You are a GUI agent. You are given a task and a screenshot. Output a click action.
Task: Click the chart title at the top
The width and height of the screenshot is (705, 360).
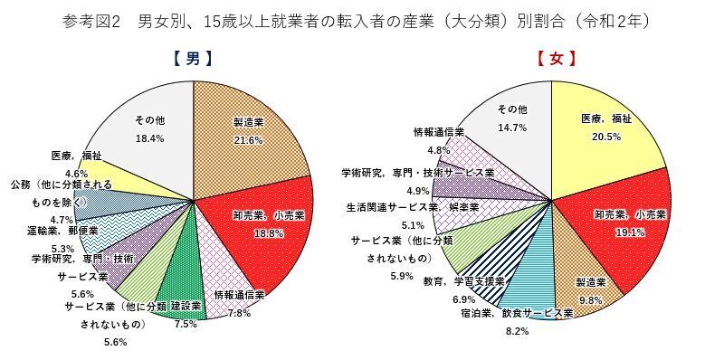tap(352, 19)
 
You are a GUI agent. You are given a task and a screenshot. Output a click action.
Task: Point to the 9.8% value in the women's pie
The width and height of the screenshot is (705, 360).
tap(590, 300)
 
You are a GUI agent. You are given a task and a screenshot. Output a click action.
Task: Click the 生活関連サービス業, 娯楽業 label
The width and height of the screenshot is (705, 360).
tap(412, 207)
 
